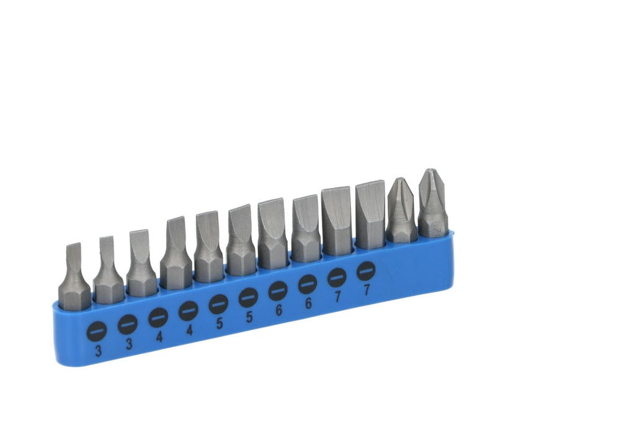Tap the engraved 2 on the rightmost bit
click(x=436, y=232)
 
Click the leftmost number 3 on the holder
click(x=99, y=351)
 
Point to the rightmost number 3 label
click(x=129, y=344)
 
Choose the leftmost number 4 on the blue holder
click(x=159, y=336)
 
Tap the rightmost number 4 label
click(x=190, y=330)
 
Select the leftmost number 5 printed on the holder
click(x=220, y=323)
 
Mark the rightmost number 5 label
click(x=249, y=317)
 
